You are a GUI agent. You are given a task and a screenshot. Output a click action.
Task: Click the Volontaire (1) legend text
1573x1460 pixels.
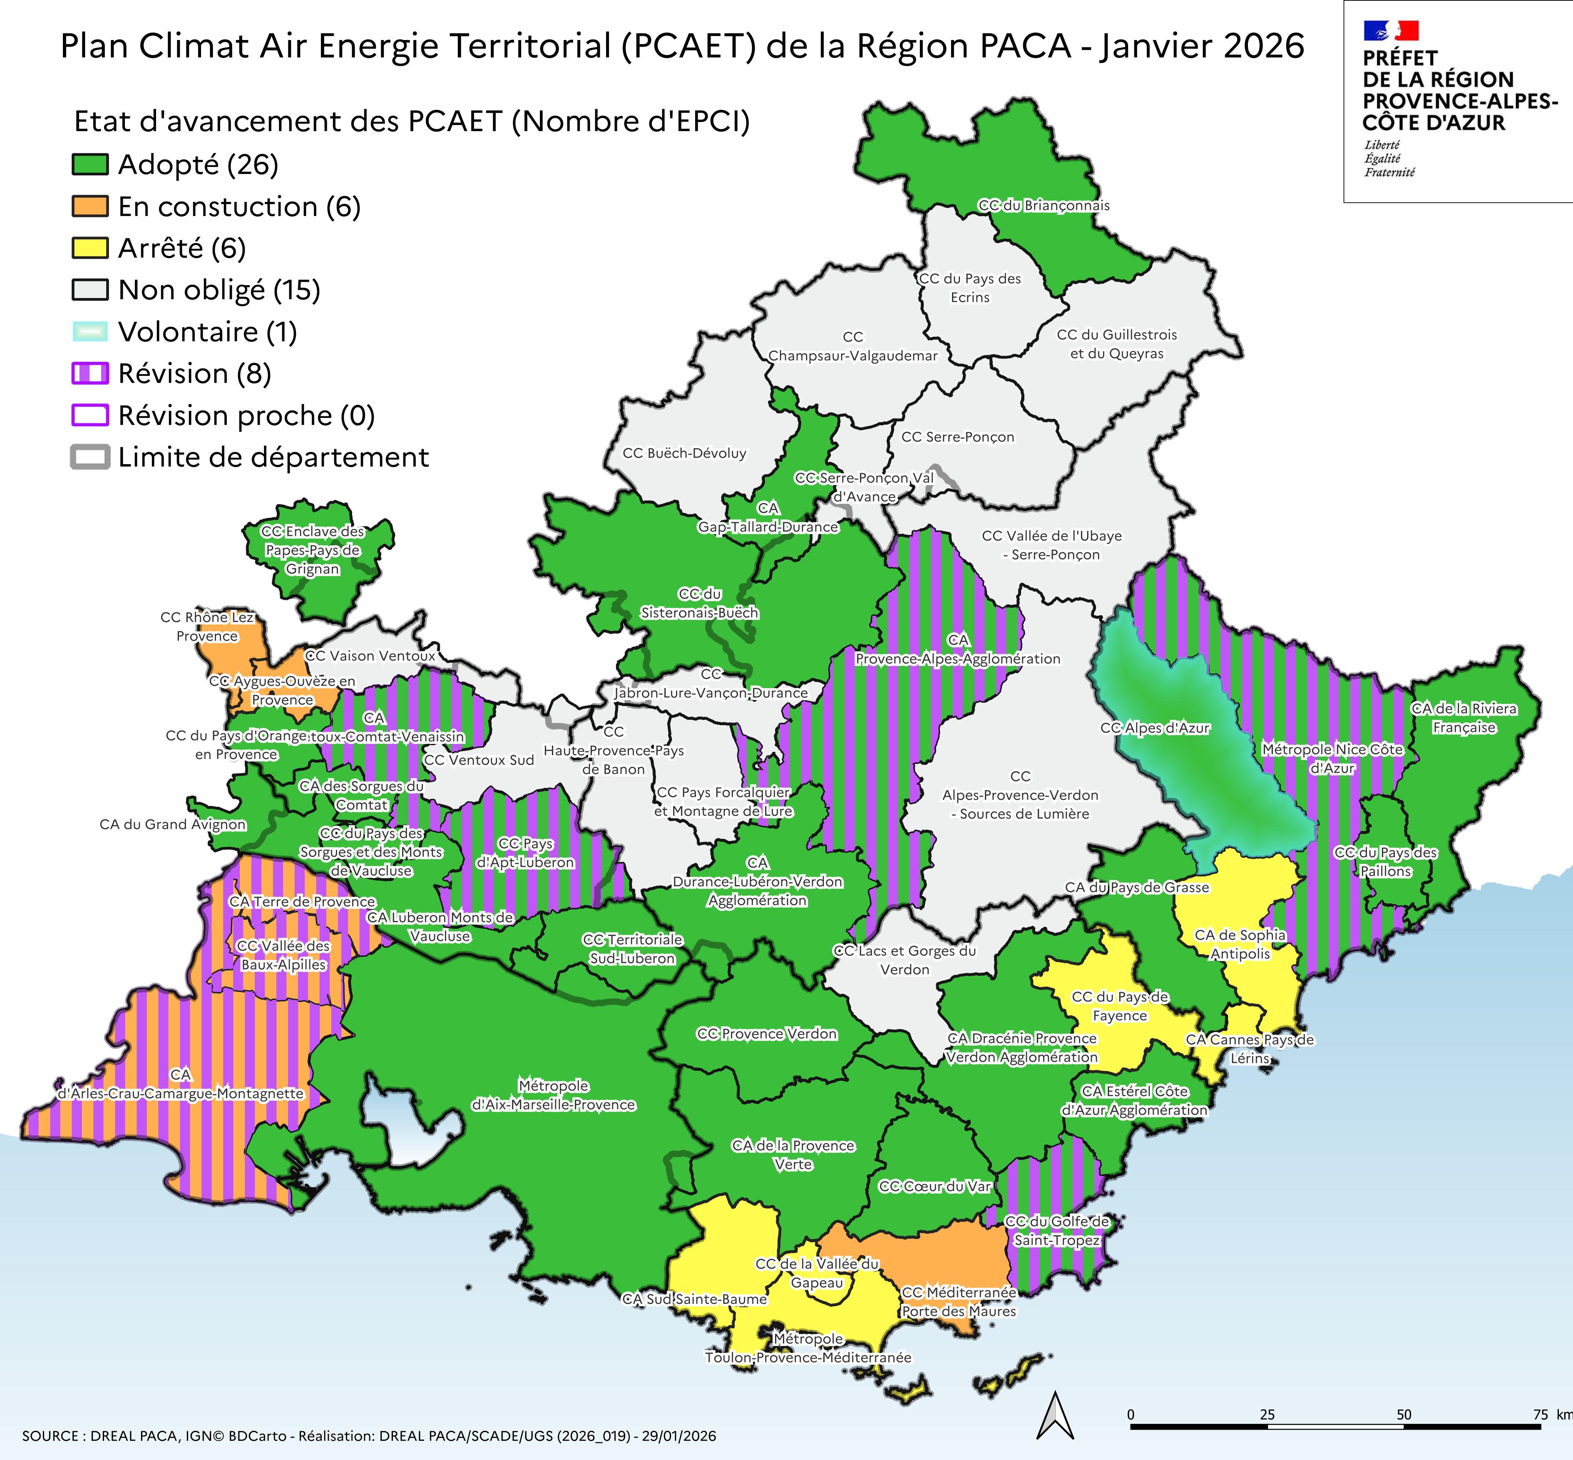point(207,332)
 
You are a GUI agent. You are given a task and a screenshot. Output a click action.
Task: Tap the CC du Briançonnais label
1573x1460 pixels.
point(1044,205)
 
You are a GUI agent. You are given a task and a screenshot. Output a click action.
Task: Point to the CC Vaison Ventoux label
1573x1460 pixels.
point(370,656)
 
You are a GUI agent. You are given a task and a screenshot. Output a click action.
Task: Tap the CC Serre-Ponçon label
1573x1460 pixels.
point(957,437)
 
